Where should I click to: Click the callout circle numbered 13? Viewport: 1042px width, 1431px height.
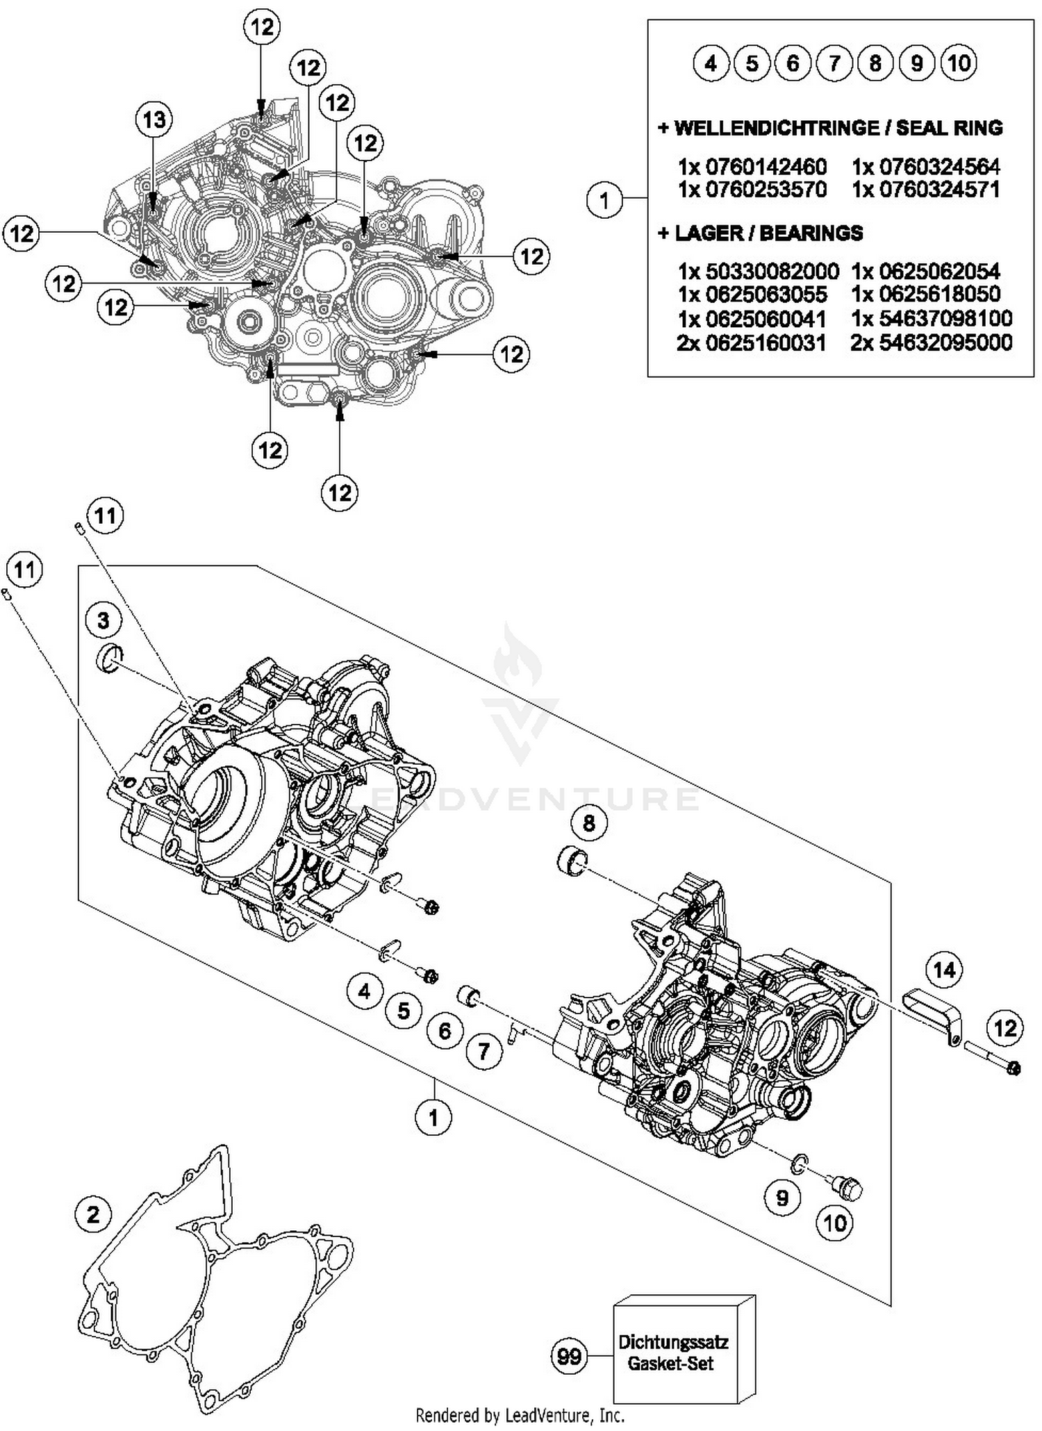click(154, 119)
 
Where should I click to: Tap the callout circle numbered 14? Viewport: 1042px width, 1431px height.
click(944, 969)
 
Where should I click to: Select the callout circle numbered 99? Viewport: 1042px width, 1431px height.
click(569, 1356)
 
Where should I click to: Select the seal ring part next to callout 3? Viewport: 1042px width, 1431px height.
click(108, 658)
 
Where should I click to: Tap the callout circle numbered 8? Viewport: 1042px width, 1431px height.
click(589, 823)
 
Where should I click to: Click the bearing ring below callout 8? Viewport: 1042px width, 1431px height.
click(572, 861)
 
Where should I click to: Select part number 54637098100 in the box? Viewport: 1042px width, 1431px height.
click(931, 319)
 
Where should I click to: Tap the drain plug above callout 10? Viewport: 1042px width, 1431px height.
click(847, 1189)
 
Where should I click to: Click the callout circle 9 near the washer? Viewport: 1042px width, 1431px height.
click(782, 1198)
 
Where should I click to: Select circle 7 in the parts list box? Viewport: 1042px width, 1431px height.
click(834, 64)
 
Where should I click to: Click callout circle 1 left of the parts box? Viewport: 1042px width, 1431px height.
click(604, 200)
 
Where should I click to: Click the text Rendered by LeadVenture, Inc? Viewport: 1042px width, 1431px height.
click(520, 1414)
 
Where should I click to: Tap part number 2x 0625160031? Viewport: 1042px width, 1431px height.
click(752, 342)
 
